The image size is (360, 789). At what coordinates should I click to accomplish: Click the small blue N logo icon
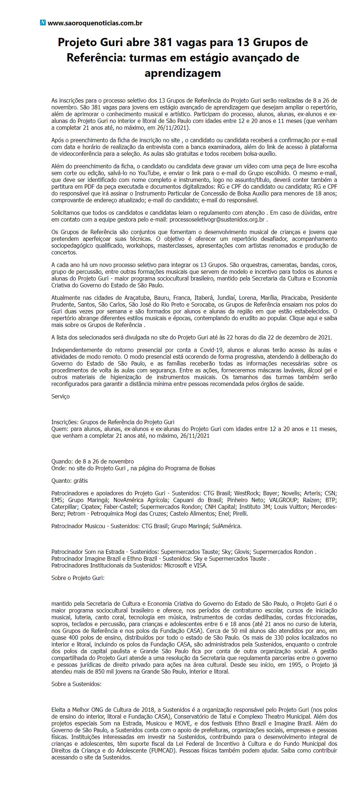(x=43, y=23)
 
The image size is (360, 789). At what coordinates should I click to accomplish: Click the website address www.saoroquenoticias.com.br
(x=95, y=23)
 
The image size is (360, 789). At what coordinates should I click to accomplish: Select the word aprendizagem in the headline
(x=182, y=73)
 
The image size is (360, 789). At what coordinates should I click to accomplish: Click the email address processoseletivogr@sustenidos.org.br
(x=217, y=219)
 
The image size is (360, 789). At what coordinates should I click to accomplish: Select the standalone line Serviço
(x=61, y=396)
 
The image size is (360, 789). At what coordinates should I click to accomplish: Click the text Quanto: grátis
(x=70, y=481)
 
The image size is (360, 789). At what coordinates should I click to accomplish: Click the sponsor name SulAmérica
(x=227, y=526)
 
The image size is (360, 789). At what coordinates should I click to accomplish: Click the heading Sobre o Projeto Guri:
(x=78, y=577)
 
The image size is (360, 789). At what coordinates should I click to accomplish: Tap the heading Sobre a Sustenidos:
(x=76, y=684)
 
